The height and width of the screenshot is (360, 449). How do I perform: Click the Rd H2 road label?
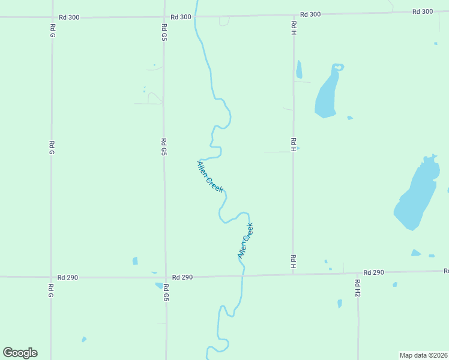(x=357, y=288)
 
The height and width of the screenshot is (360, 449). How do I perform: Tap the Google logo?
(x=20, y=353)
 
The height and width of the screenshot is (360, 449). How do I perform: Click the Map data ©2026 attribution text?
(x=423, y=355)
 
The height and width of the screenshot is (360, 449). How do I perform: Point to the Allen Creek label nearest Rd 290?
(x=246, y=241)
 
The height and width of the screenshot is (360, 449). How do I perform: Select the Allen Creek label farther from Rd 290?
(x=210, y=176)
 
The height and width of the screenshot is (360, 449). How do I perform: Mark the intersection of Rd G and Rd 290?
(x=51, y=277)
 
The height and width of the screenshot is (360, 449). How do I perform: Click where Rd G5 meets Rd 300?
(x=164, y=16)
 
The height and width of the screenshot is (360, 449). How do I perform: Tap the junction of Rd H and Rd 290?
(x=294, y=275)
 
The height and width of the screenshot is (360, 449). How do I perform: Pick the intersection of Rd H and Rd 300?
(x=293, y=14)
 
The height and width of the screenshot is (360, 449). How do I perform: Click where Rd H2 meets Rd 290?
(x=358, y=273)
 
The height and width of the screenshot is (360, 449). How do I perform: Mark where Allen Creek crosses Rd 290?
(x=244, y=276)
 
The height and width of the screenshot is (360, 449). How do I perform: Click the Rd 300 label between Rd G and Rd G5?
(x=69, y=17)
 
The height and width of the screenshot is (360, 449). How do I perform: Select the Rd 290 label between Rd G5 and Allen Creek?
(x=182, y=277)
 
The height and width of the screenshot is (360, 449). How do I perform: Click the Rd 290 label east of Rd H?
(x=373, y=272)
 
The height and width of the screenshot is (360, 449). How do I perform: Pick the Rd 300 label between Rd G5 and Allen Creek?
(x=181, y=17)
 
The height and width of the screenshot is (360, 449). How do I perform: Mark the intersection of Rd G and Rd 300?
(x=52, y=17)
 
